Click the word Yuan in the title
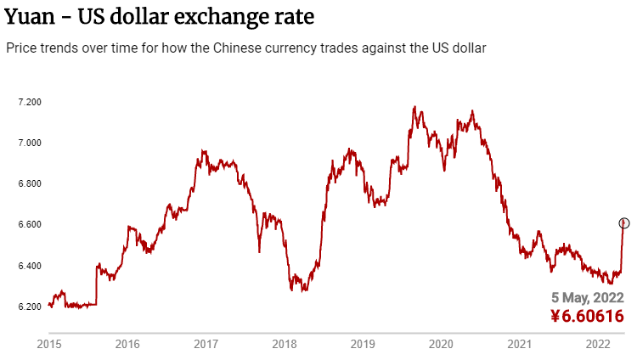(x=28, y=17)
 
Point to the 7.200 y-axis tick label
(x=30, y=102)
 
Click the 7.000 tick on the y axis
(x=30, y=143)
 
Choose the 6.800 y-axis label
(x=30, y=183)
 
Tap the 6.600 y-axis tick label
(x=30, y=224)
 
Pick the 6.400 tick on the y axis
(x=30, y=266)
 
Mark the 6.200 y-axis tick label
(x=30, y=307)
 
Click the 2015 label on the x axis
(x=49, y=345)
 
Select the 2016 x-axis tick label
(x=127, y=345)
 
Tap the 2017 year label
(x=206, y=345)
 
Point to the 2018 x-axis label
(x=285, y=345)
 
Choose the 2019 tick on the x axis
(x=363, y=345)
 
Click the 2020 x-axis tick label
(x=442, y=345)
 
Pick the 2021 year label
(x=520, y=345)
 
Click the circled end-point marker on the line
(x=623, y=223)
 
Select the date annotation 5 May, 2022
(x=588, y=298)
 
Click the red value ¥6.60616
(x=587, y=317)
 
